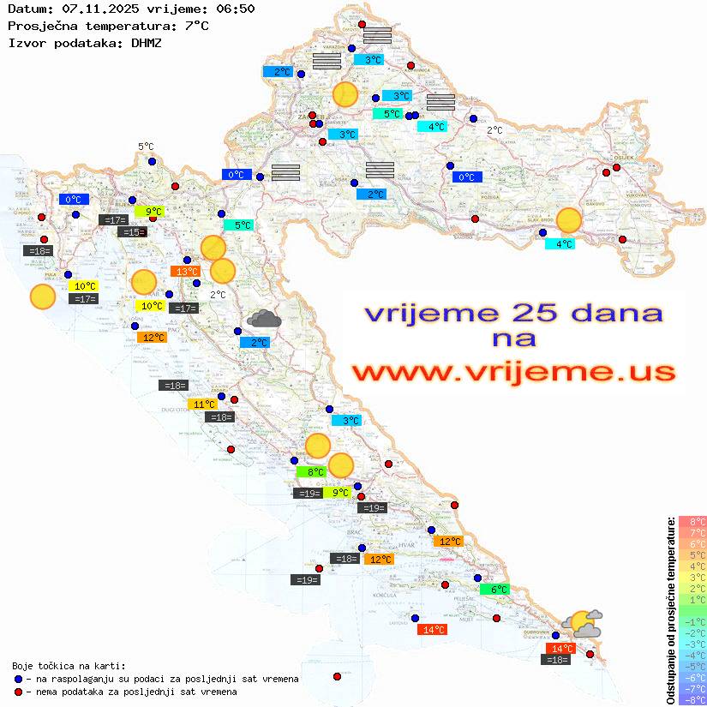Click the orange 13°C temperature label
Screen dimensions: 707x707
coord(185,272)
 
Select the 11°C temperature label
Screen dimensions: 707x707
coord(203,404)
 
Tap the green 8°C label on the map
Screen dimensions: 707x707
coord(311,471)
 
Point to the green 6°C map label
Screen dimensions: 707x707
coord(494,590)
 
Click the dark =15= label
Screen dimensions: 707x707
coord(132,232)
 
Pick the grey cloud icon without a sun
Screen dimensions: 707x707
coord(264,320)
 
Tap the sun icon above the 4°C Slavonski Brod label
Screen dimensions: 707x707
coord(568,220)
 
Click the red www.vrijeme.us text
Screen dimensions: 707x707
coord(513,372)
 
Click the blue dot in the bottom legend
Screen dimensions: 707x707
coord(19,679)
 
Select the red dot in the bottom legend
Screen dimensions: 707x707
coord(19,692)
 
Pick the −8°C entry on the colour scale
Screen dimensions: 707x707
coord(692,700)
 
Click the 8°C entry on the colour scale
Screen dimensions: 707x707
coord(692,522)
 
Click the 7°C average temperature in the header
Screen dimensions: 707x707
coord(196,26)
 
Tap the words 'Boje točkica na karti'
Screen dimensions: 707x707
coord(69,666)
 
